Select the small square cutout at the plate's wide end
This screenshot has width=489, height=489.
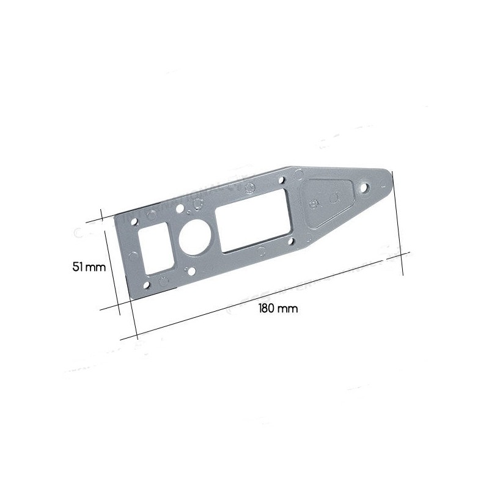pyautogui.click(x=154, y=250)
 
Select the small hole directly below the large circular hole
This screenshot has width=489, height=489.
pyautogui.click(x=191, y=271)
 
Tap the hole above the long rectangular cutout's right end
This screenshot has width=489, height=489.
pyautogui.click(x=282, y=182)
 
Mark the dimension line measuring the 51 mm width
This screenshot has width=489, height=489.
pyautogui.click(x=112, y=263)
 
